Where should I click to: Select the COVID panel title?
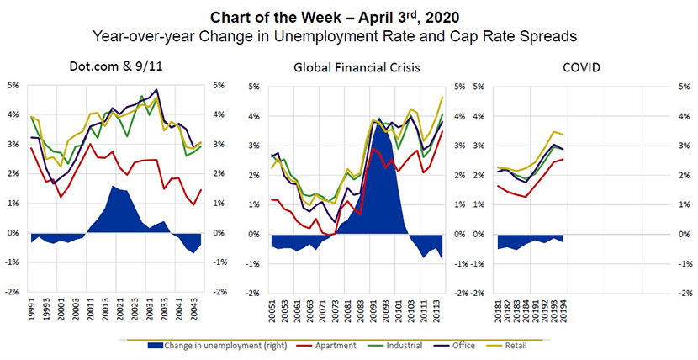(579, 66)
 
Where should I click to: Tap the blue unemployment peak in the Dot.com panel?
(114, 187)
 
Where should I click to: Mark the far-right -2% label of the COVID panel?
(685, 293)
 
